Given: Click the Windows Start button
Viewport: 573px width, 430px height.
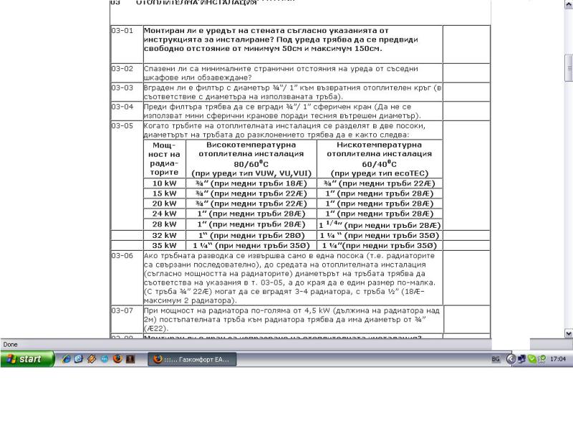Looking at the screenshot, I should (23, 359).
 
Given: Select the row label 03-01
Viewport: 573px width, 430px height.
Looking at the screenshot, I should (122, 31).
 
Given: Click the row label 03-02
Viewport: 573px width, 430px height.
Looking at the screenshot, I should (122, 68).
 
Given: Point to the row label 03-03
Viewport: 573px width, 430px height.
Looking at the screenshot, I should (122, 87).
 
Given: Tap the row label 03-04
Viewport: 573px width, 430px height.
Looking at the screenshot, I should (122, 106).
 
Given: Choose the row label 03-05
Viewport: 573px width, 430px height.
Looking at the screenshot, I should (122, 125).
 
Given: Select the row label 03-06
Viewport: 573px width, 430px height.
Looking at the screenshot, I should (122, 255).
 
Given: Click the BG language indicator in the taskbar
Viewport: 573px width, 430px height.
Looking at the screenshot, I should (496, 359).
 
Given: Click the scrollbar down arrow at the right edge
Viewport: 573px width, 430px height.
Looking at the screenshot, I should (569, 333).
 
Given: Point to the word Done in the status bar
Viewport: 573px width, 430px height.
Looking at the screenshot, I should (11, 345).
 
